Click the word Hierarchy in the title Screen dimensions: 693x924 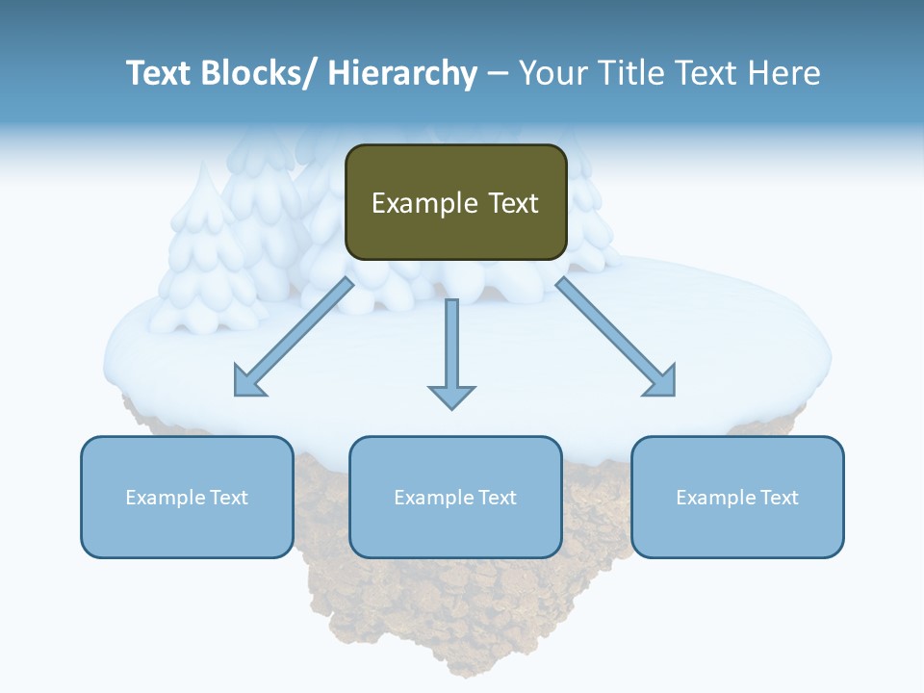click(402, 73)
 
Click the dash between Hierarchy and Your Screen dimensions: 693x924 click(498, 74)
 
